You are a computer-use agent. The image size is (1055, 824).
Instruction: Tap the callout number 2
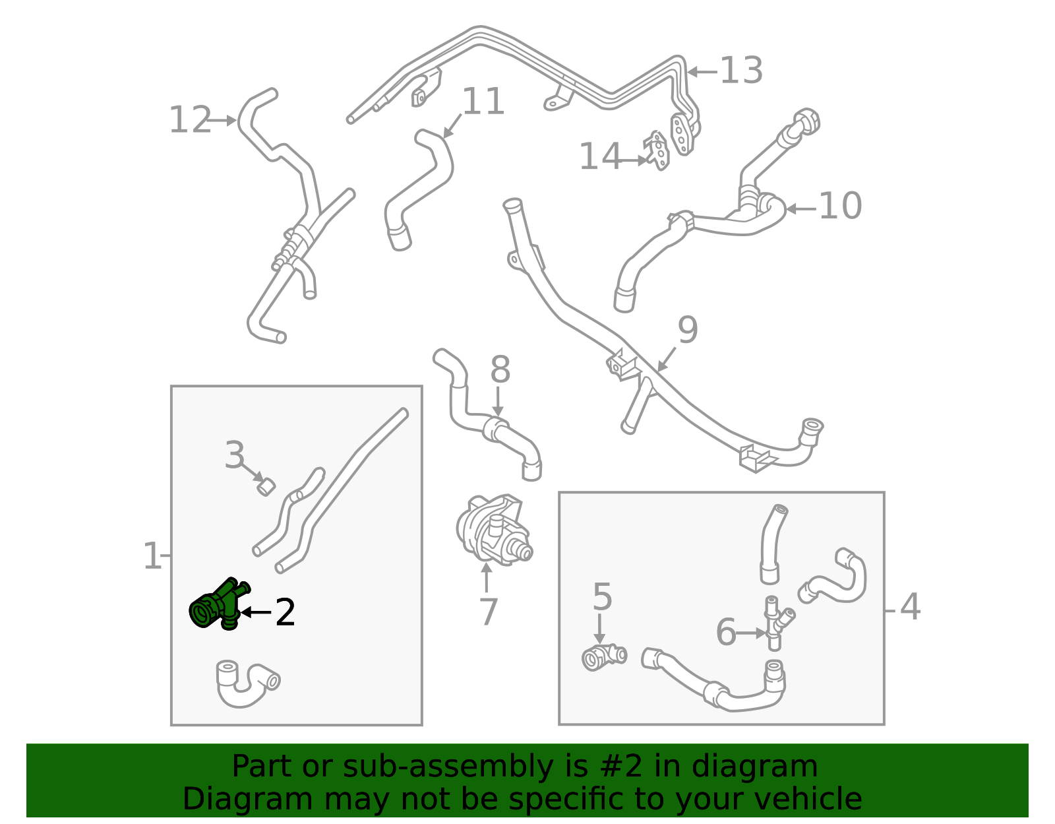285,613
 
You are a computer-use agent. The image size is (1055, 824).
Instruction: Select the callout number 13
741,71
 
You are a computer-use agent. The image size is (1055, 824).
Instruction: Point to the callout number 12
190,120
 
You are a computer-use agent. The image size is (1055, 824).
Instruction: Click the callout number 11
483,102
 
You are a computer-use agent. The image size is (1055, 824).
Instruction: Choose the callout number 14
600,156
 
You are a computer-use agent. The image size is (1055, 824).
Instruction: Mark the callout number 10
841,205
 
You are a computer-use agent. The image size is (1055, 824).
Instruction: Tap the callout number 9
688,330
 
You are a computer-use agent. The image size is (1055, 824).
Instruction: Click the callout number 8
500,369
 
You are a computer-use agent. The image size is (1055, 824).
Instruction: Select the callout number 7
489,612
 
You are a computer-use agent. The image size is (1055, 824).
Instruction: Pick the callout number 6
727,632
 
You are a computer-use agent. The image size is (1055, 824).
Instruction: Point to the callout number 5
603,597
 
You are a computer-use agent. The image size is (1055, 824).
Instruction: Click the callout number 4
911,607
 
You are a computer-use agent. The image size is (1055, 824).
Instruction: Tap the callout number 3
235,455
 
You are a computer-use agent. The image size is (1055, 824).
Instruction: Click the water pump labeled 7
493,530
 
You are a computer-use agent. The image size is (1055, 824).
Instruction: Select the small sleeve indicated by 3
266,487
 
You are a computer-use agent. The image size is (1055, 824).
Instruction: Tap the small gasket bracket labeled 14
656,150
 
